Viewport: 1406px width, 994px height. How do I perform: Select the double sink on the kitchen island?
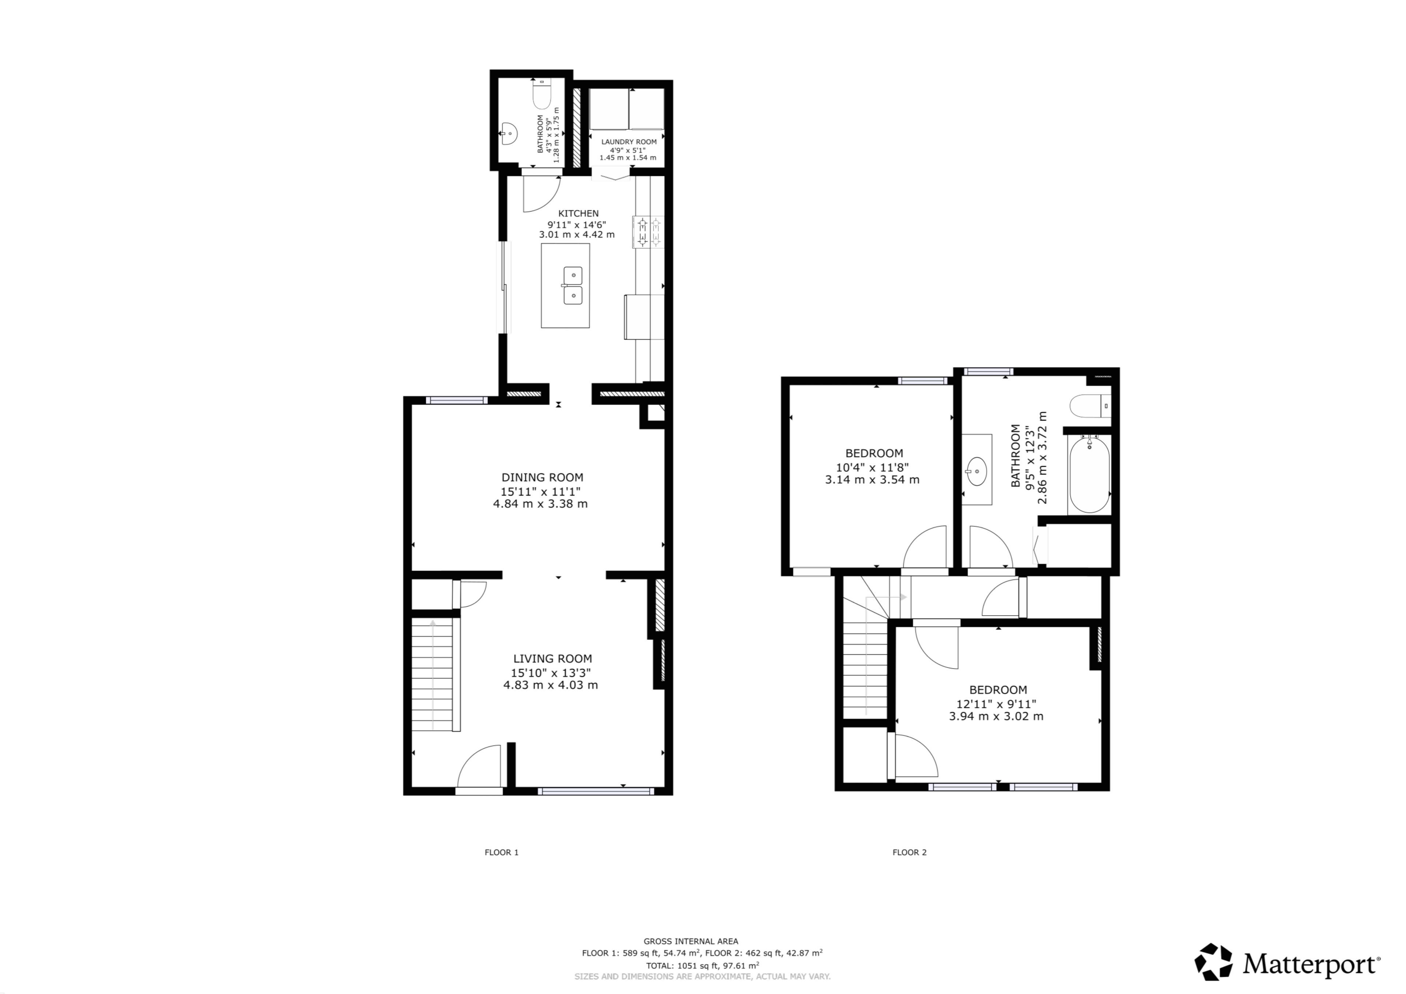pos(573,286)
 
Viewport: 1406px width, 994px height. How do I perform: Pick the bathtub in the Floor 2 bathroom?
pos(1089,474)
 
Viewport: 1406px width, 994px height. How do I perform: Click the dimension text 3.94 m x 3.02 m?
pos(996,716)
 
